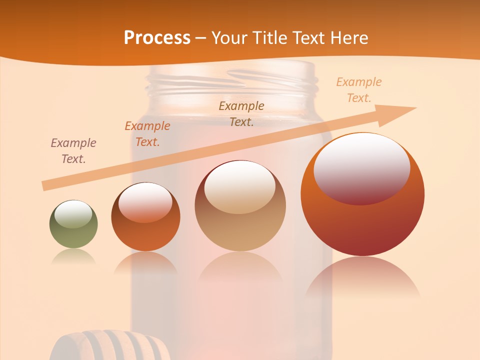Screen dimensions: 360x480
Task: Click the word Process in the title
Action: pyautogui.click(x=157, y=38)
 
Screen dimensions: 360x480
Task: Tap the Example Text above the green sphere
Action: pyautogui.click(x=73, y=150)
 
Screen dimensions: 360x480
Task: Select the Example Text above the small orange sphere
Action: pyautogui.click(x=147, y=133)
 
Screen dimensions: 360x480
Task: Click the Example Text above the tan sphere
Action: pyautogui.click(x=241, y=113)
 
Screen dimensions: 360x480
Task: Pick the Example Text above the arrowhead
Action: pyautogui.click(x=358, y=89)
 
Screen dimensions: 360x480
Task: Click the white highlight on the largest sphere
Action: pyautogui.click(x=362, y=167)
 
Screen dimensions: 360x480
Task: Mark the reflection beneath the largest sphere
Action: pyautogui.click(x=362, y=277)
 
